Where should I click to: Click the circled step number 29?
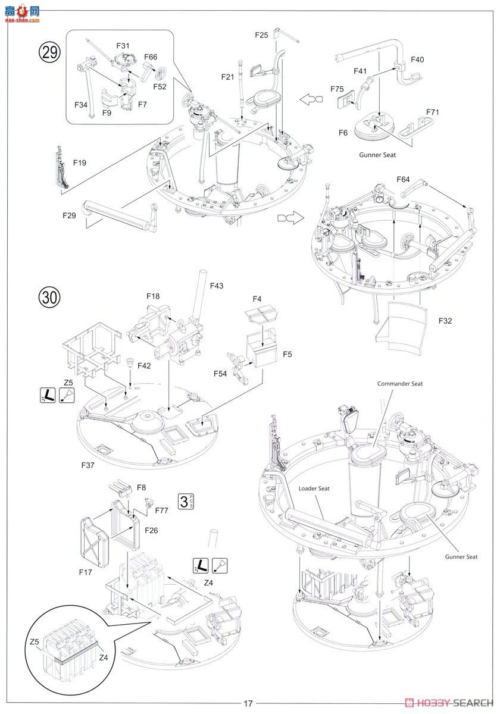[49, 52]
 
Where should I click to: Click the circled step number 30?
[49, 297]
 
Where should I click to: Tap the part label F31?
[123, 46]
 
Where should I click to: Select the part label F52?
[160, 87]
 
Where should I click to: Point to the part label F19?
[79, 163]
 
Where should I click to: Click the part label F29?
[69, 216]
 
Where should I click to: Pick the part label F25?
[261, 35]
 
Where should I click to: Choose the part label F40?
[417, 59]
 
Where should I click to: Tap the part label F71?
[433, 112]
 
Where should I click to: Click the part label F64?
[403, 180]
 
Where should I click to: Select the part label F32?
[445, 321]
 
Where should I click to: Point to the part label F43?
[217, 286]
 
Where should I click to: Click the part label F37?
[87, 465]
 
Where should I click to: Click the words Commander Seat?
[400, 384]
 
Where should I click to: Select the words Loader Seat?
[314, 488]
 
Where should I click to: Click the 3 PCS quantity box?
[186, 502]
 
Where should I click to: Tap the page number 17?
[248, 703]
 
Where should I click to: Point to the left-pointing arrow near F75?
[311, 99]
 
